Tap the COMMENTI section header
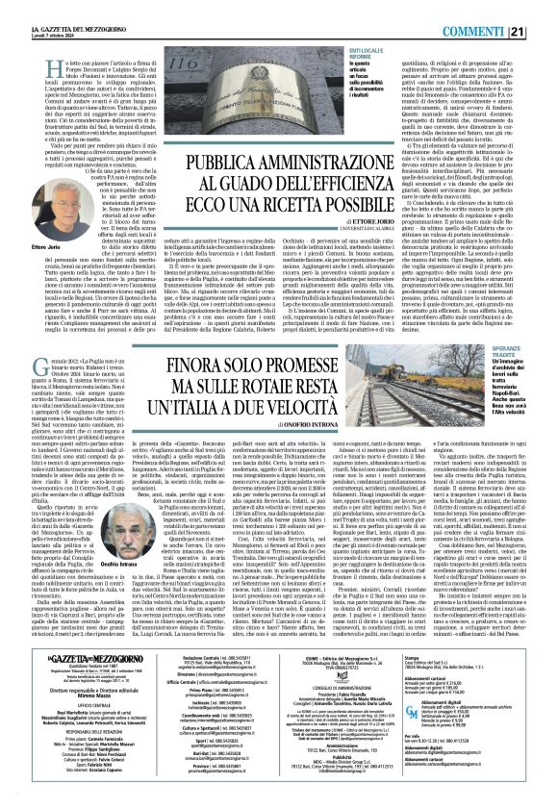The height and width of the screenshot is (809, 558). (495, 10)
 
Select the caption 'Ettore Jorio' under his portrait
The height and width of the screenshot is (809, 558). (28, 223)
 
